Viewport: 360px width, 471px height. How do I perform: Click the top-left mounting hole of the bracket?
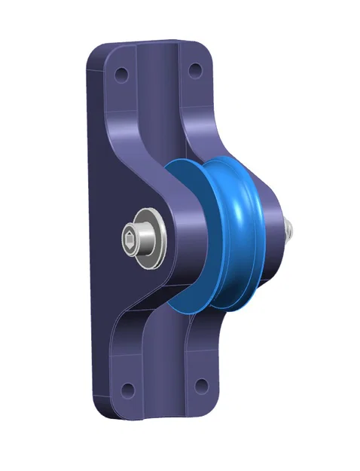(121, 76)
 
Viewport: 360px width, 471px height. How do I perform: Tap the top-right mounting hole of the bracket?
(194, 72)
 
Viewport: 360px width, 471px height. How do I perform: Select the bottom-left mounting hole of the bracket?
(127, 390)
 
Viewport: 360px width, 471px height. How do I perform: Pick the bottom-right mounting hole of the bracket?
(201, 385)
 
